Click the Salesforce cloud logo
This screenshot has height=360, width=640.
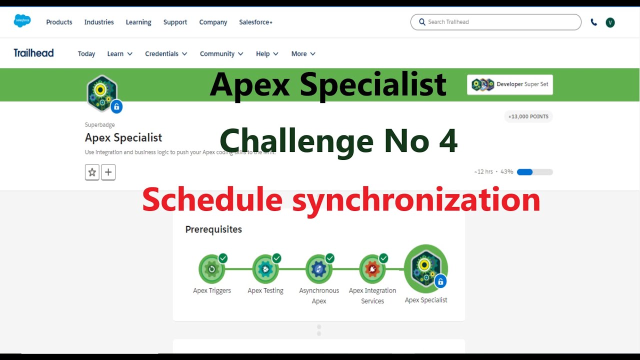(22, 21)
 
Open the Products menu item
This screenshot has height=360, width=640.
(59, 22)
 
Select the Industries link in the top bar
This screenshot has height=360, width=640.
(99, 22)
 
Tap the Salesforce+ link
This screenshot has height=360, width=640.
(255, 22)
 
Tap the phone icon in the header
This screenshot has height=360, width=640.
(593, 22)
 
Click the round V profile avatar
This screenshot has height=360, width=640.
(610, 22)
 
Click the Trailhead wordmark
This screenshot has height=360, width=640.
(33, 53)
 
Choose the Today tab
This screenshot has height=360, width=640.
(86, 54)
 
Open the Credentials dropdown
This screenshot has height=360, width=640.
(166, 54)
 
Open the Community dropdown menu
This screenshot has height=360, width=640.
(221, 54)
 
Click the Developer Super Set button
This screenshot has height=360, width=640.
(509, 84)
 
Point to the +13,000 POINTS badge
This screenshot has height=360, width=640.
(528, 116)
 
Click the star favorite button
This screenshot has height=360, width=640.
(92, 172)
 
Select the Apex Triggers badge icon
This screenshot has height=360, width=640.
(211, 269)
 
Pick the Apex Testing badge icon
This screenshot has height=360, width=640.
(265, 269)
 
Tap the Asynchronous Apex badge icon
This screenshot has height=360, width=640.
(318, 269)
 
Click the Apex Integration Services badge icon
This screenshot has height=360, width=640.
(372, 269)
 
